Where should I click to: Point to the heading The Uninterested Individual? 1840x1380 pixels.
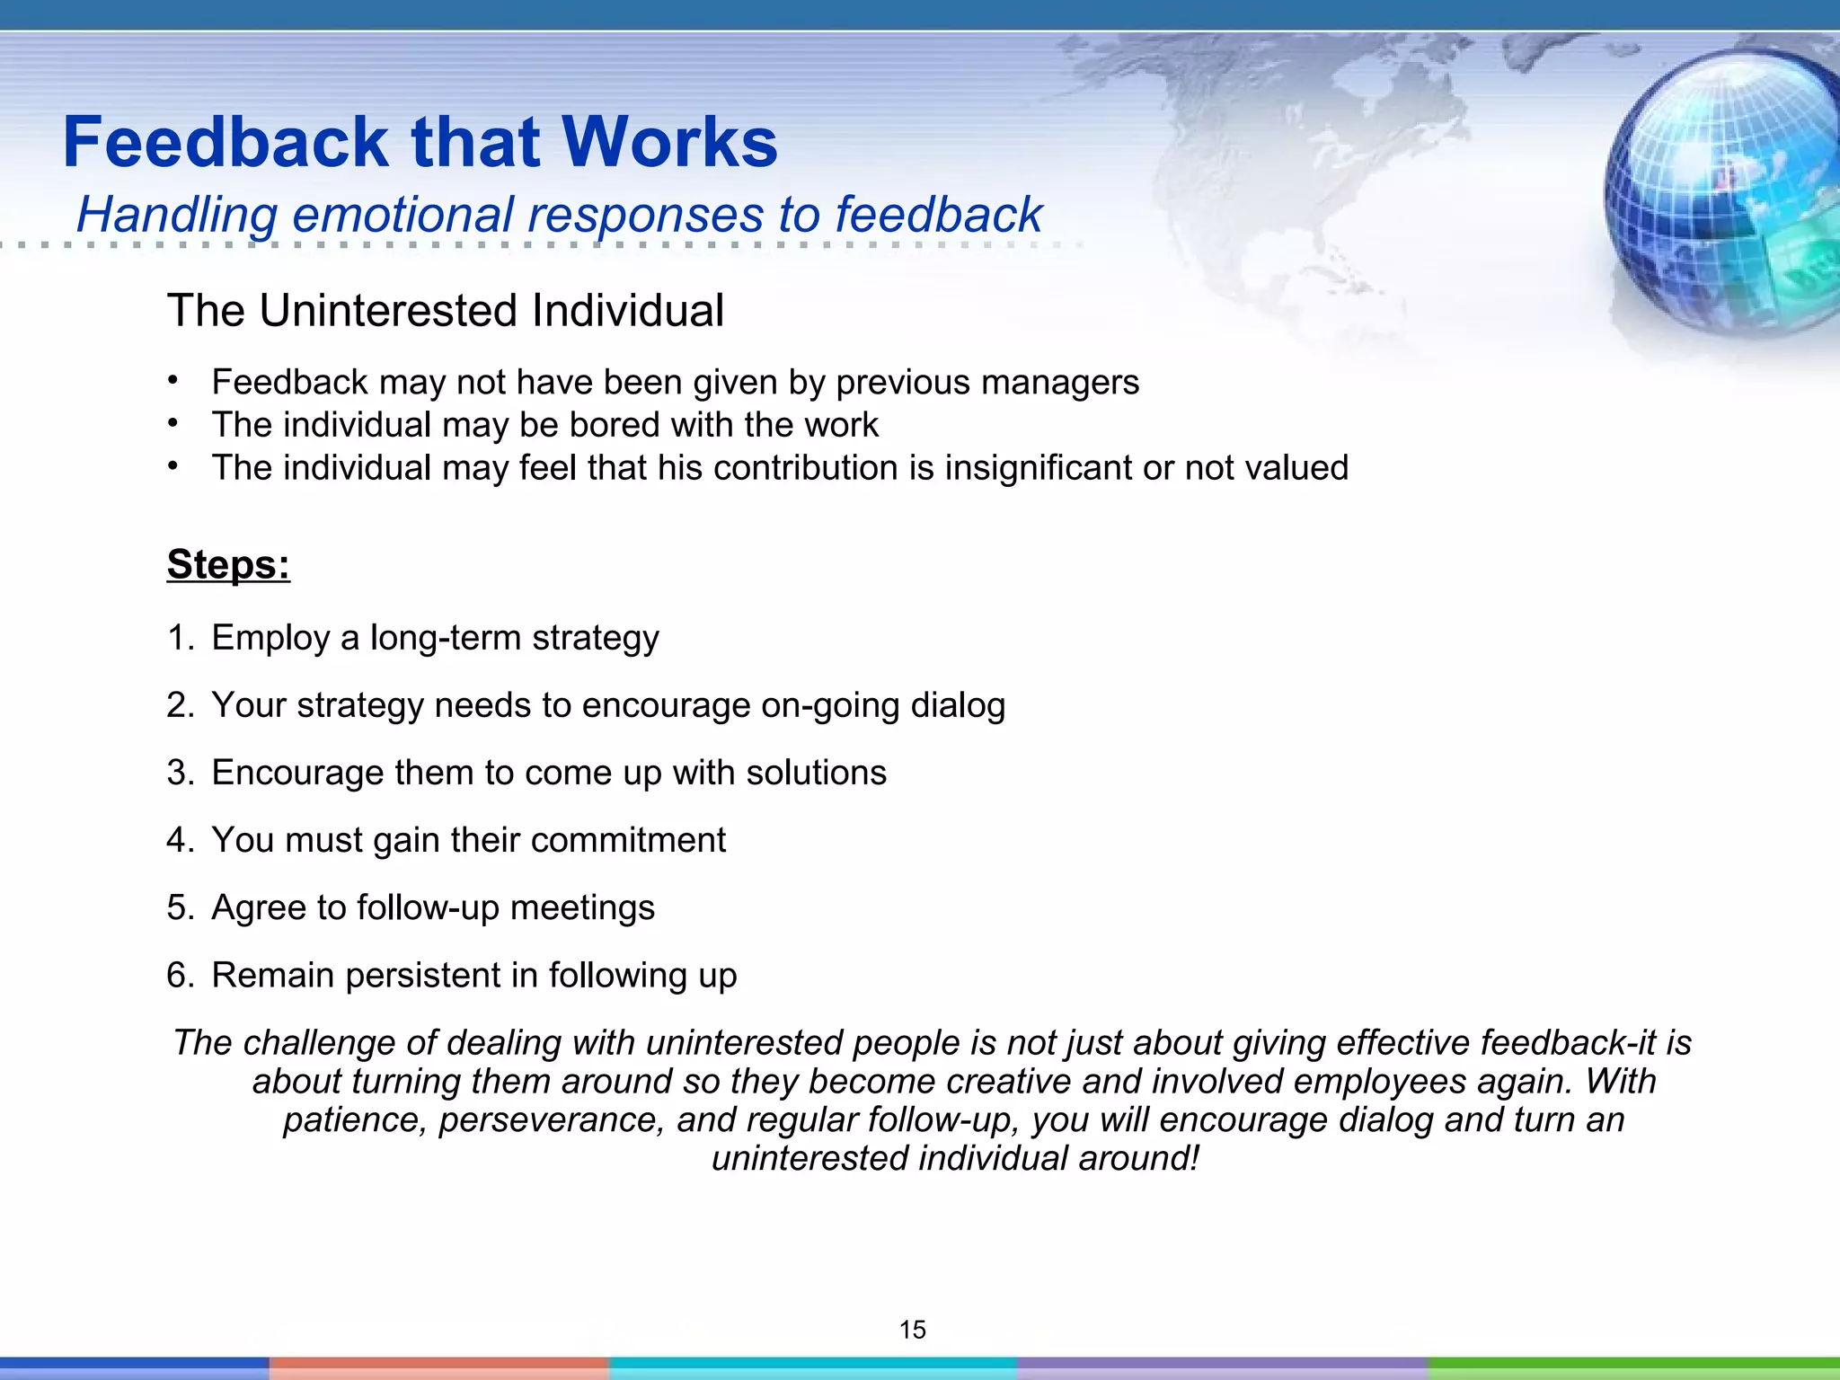(445, 311)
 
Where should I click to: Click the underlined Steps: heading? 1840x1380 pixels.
(228, 564)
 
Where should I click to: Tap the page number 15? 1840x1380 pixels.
(912, 1330)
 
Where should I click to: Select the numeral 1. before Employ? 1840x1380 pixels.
(179, 638)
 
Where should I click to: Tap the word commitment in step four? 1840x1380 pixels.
(628, 840)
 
